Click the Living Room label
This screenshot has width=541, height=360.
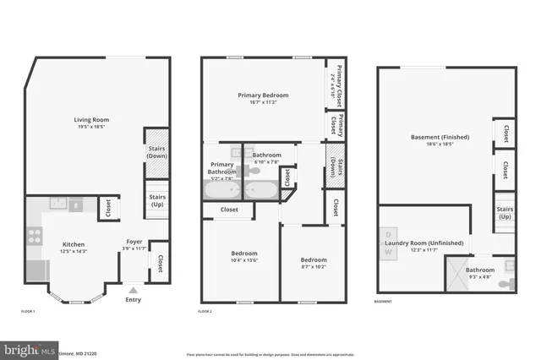pos(90,120)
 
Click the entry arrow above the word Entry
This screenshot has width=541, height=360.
pos(131,289)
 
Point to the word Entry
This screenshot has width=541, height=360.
pos(134,299)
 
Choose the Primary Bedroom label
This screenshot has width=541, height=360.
pos(263,95)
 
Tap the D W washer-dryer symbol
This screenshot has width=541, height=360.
pos(388,243)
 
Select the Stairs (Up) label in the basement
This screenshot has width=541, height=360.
pos(505,212)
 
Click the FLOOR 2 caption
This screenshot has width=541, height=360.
pos(205,312)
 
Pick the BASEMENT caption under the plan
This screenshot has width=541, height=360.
pos(383,302)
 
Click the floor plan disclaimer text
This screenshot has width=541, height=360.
pos(269,354)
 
